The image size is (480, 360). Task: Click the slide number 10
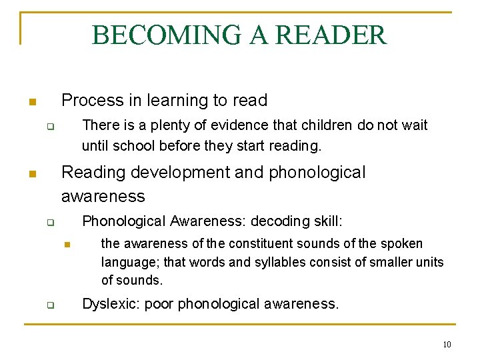click(447, 345)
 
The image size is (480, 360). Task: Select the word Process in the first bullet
click(91, 101)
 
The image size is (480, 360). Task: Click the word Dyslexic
click(111, 305)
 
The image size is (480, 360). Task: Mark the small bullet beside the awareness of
click(67, 245)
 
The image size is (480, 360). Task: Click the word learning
click(177, 101)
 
